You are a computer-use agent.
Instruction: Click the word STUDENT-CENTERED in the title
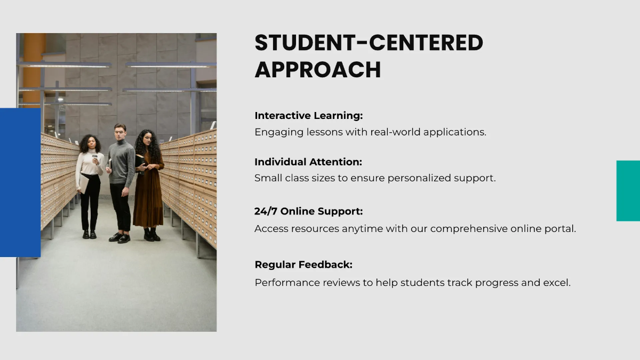coord(369,43)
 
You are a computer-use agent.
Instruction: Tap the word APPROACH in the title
coord(318,70)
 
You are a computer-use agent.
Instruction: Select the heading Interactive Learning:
coord(308,116)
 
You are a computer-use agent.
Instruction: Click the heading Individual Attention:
coord(308,162)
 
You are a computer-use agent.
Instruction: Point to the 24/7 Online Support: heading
coord(308,212)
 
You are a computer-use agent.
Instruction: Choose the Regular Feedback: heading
coord(303,265)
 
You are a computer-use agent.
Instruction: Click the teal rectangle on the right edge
coord(628,190)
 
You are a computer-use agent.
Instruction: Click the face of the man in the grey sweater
coord(120,131)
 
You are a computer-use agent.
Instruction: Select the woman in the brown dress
coord(148,187)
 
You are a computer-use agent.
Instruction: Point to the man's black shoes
coord(121,237)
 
